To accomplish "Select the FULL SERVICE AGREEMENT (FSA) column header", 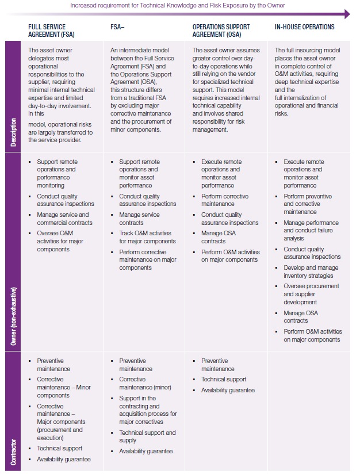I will (x=47, y=30).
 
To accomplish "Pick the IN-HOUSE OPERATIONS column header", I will (x=304, y=27).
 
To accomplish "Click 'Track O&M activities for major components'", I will (x=147, y=237).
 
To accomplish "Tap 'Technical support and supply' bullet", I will (x=147, y=436).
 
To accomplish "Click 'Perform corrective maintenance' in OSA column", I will (x=224, y=200).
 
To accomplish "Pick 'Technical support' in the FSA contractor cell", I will (x=60, y=448).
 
